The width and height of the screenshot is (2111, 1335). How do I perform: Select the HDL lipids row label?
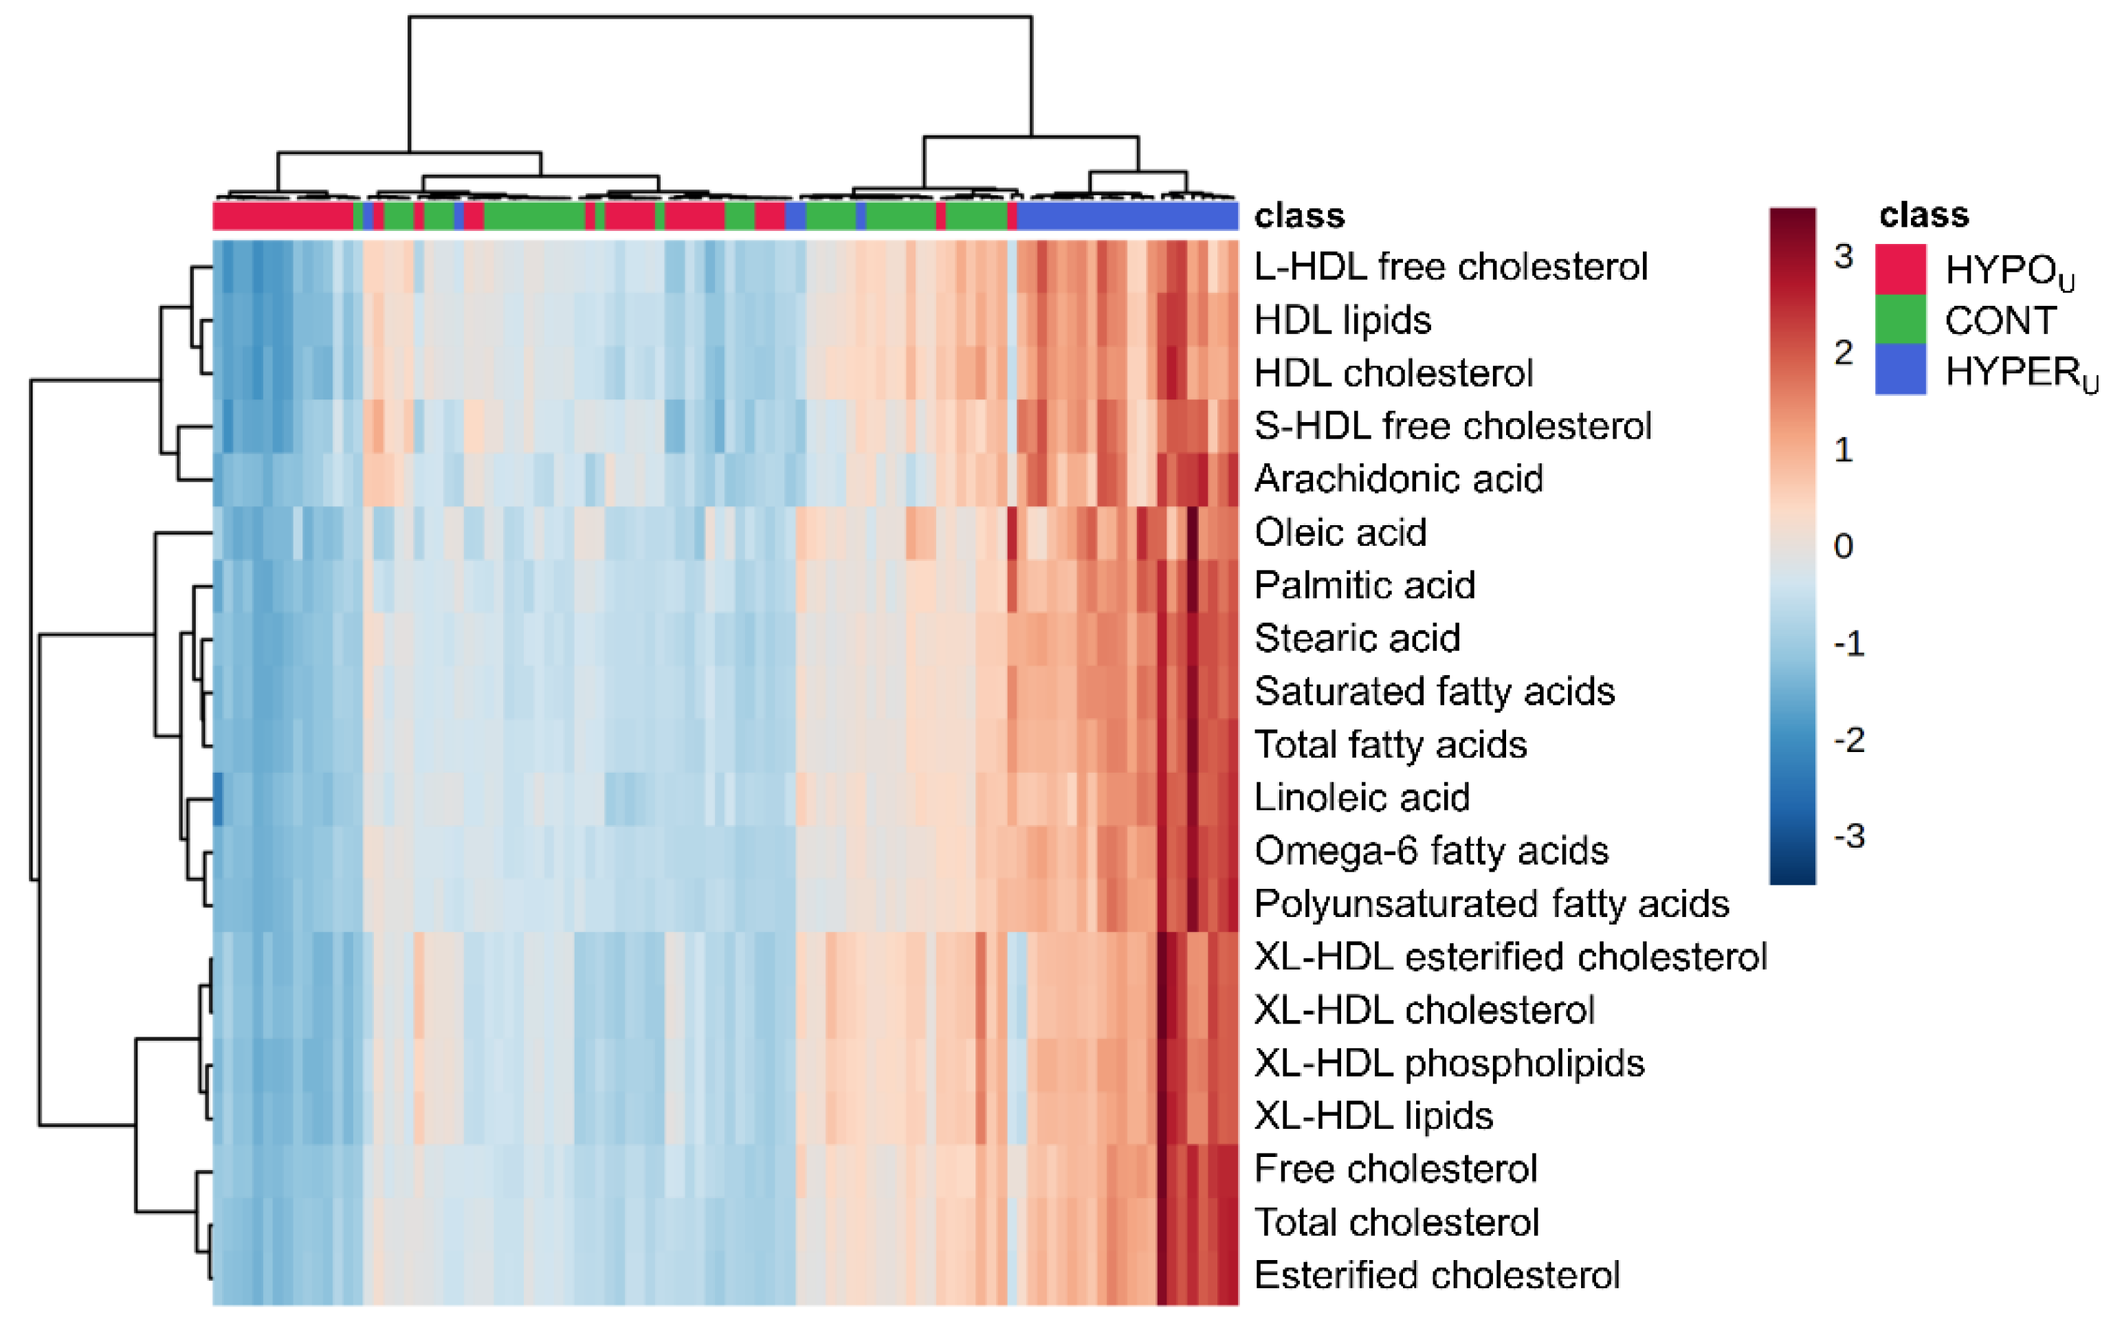pos(1342,320)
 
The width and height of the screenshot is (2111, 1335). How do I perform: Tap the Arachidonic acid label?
pos(1398,478)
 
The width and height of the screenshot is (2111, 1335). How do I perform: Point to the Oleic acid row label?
pos(1340,532)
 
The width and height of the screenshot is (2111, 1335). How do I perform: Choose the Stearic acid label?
pos(1357,638)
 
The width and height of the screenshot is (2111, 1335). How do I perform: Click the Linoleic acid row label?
pos(1362,797)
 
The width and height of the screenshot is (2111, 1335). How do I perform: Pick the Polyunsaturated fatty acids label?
pos(1491,904)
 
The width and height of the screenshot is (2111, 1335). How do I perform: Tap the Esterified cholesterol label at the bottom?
pos(1437,1275)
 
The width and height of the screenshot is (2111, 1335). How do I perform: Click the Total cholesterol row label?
pos(1397,1222)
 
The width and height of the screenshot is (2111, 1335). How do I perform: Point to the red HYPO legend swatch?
pos(1901,268)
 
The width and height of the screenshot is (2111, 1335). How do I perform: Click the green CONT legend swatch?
pos(1901,319)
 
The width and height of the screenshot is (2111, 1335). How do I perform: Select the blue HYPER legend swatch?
pos(1901,369)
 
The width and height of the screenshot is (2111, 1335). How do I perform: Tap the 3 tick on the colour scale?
pos(1843,256)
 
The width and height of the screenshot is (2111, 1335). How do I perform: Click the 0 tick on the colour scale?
pos(1843,546)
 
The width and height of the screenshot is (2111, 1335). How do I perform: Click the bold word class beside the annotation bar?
pos(1299,216)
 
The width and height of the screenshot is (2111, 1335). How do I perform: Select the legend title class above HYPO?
pos(1923,214)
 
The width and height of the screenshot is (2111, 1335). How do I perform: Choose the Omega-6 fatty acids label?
pos(1430,850)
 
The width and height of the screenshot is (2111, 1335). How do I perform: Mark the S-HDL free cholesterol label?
pos(1452,426)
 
